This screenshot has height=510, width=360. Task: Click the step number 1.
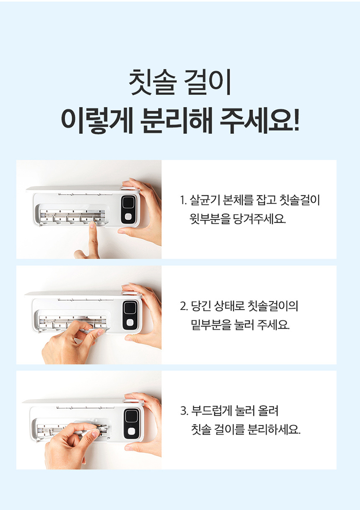click(183, 200)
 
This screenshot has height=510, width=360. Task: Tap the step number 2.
click(184, 306)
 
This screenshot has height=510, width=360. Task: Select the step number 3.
click(184, 411)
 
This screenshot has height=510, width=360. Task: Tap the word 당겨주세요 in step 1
click(260, 219)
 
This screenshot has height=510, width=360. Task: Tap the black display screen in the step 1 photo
click(128, 202)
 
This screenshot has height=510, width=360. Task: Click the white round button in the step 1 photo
click(128, 216)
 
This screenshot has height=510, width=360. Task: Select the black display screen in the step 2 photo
click(130, 308)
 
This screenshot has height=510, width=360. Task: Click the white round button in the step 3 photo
click(131, 431)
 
